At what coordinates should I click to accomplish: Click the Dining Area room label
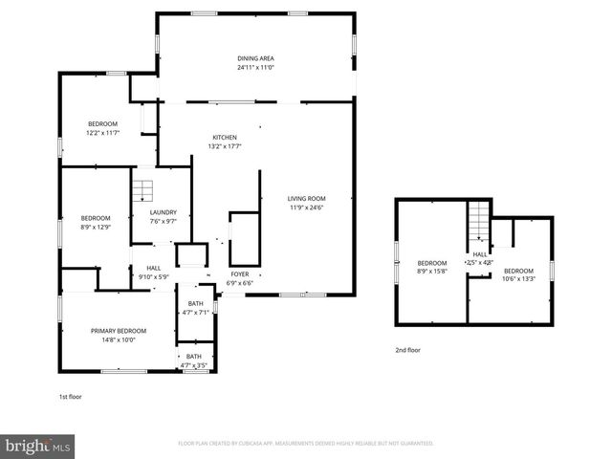[255, 58]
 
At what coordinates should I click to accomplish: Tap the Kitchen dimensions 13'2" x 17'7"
[224, 146]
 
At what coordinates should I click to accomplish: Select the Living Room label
[307, 198]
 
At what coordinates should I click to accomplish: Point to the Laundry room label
[164, 212]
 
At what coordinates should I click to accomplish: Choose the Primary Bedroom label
[119, 330]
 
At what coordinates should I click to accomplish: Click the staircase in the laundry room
[142, 187]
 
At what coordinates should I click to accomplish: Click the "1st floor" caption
[71, 394]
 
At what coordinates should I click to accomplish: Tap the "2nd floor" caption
[407, 350]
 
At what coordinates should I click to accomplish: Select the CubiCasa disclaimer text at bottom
[306, 444]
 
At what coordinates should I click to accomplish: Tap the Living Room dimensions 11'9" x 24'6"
[307, 208]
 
